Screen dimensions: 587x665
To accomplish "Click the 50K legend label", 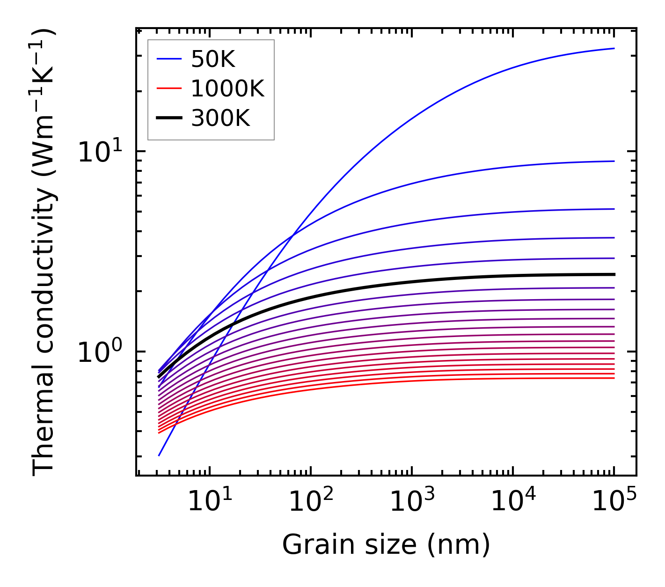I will coord(213,59).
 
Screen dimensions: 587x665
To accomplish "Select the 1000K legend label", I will coord(227,88).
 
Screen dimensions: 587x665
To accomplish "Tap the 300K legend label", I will coord(220,118).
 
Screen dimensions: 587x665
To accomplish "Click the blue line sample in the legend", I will coord(169,59).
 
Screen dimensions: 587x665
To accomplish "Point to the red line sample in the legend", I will coord(169,88).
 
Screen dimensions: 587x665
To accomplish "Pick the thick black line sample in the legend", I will coord(169,118).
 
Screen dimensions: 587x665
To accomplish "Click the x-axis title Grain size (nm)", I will coord(386,545).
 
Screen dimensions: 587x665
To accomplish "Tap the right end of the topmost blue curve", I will coord(614,48).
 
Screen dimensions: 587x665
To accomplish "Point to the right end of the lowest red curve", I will coord(614,378).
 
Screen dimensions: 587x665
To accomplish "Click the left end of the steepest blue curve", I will coord(160,455).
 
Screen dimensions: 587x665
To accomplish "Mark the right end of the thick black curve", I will coord(614,274).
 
